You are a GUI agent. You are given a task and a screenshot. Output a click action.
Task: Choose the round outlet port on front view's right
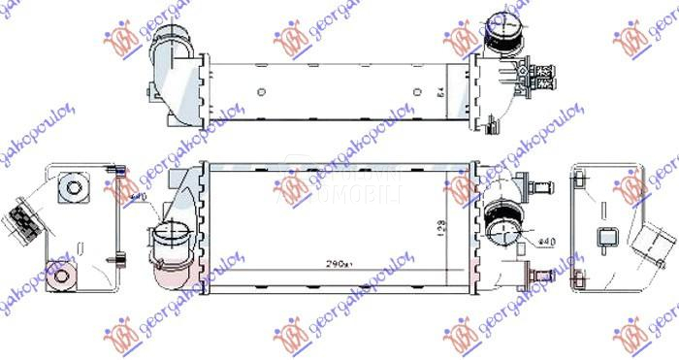(x=504, y=230)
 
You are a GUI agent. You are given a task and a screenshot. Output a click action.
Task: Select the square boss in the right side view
(x=606, y=235)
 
